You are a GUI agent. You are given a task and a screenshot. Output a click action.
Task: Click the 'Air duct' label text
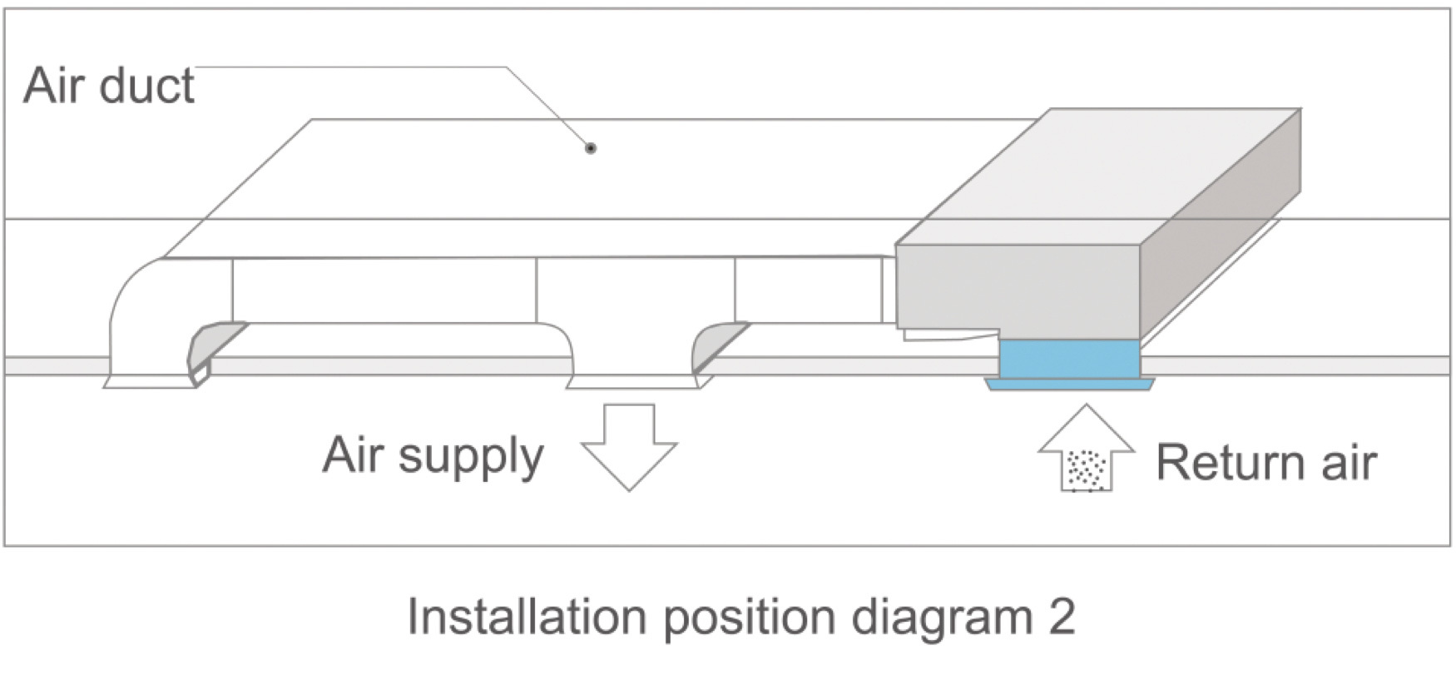[x=109, y=85]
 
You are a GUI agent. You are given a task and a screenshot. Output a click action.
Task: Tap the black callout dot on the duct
[x=591, y=149]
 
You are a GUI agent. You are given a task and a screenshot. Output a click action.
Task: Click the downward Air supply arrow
[x=629, y=447]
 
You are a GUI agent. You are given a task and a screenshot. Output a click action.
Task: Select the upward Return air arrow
[x=1087, y=447]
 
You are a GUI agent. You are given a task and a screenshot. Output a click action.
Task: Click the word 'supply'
[x=471, y=458]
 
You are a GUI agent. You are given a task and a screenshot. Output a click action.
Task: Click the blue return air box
[x=1069, y=358]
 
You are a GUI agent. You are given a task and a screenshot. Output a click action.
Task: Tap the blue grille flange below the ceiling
[x=1069, y=385]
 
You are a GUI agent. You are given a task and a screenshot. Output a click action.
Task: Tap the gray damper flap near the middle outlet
[x=717, y=346]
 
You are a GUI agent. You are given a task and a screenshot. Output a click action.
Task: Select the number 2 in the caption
[x=1062, y=618]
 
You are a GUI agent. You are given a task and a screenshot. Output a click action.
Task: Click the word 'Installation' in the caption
[x=527, y=618]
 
